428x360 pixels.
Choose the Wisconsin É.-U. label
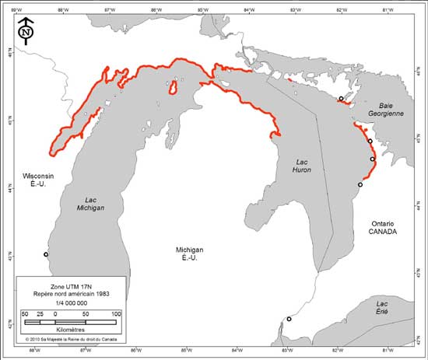tap(38, 180)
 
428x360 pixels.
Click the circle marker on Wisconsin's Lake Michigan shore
tap(46, 254)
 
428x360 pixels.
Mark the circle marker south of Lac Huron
tap(289, 319)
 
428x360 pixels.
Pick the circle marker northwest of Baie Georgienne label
tap(341, 99)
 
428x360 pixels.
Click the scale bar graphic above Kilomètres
tap(70, 321)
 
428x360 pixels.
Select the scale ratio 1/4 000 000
tap(71, 303)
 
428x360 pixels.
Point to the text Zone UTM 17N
tap(71, 287)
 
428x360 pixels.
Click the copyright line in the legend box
tap(71, 340)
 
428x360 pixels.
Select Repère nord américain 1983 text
tap(71, 295)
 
